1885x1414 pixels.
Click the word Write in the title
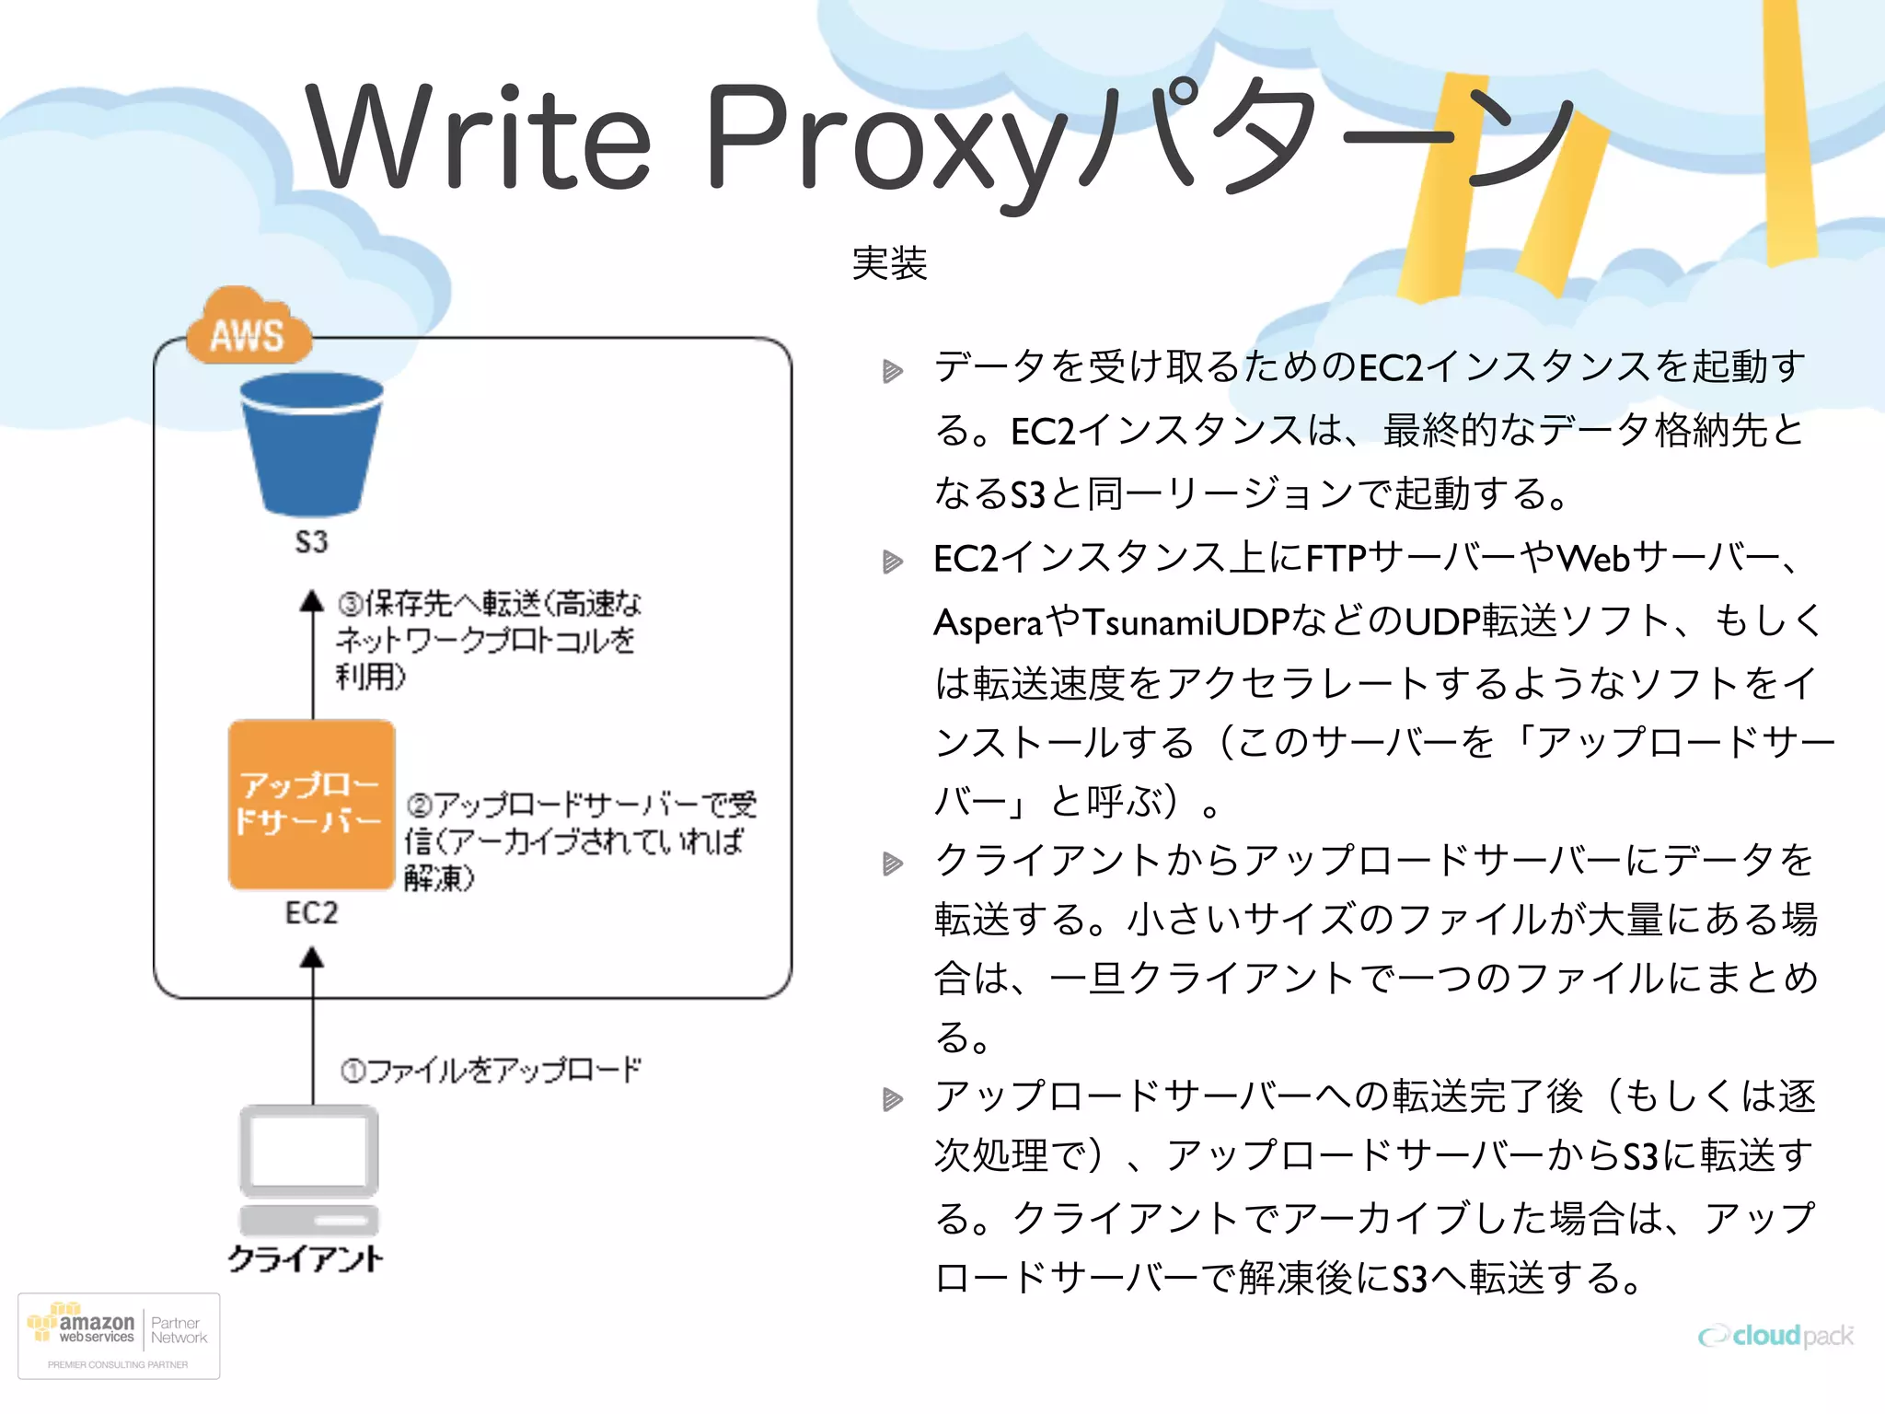point(479,138)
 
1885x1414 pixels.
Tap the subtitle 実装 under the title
point(889,264)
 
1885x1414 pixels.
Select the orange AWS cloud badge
point(247,330)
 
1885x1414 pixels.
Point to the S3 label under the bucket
point(311,541)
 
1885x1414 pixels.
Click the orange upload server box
point(311,804)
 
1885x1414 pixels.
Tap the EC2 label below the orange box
point(311,913)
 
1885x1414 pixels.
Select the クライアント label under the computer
point(306,1259)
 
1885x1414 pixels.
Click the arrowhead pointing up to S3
point(312,601)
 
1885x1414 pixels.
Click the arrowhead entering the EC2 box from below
point(312,958)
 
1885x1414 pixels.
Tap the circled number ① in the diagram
point(353,1071)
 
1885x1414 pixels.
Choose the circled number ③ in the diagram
point(350,605)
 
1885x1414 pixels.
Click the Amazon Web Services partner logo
point(119,1336)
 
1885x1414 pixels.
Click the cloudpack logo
point(1775,1336)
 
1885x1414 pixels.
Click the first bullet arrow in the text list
point(892,371)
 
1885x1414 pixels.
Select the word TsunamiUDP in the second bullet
point(1185,622)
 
